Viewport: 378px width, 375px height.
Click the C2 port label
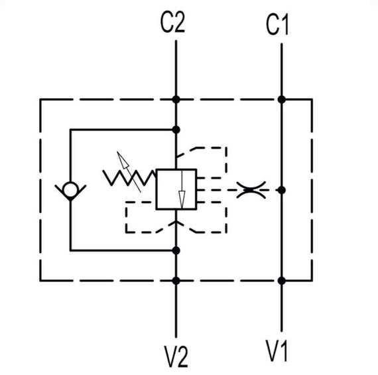172,23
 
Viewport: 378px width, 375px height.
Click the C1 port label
277,25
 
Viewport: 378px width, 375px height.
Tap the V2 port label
176,356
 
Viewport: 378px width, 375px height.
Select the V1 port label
277,350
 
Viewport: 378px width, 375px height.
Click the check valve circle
70,190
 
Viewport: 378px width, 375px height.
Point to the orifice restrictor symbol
251,190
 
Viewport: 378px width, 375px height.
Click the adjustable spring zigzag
129,178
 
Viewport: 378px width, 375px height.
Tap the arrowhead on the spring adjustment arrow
123,160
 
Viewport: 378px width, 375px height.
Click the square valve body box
176,189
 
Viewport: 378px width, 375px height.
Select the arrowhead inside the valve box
182,199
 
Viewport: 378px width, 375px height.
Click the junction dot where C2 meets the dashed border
176,99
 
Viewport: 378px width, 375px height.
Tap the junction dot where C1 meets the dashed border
282,99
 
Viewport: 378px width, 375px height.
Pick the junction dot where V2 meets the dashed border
176,281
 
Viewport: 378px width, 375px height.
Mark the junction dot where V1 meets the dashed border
282,281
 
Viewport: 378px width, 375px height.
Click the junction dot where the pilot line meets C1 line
282,190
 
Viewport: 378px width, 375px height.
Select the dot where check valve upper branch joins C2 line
176,130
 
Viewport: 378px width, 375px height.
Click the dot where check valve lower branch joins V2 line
176,251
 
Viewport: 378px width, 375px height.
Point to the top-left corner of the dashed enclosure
40,99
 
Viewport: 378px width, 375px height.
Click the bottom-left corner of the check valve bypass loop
70,251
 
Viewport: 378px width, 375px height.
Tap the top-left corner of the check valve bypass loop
70,130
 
